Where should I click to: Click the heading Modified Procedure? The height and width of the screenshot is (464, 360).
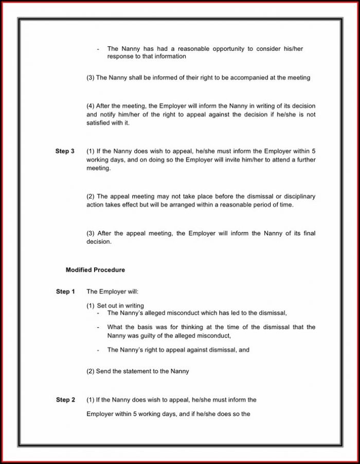[x=95, y=270]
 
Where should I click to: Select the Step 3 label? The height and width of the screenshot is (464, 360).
[x=65, y=151]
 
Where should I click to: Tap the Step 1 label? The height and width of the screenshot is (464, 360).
[x=65, y=292]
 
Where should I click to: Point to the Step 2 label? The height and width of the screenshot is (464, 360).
[x=65, y=400]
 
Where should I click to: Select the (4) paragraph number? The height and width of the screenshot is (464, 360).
[x=91, y=106]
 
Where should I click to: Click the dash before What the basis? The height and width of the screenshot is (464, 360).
[x=98, y=327]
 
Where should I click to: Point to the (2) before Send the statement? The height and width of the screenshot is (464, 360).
[x=91, y=371]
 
